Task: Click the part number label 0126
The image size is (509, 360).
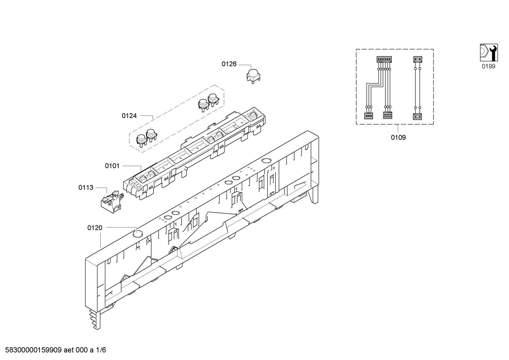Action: (x=229, y=64)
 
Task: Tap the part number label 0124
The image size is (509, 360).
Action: (x=129, y=116)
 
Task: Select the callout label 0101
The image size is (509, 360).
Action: (x=112, y=166)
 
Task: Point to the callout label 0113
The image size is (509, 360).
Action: (x=86, y=188)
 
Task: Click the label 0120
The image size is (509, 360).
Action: (x=95, y=228)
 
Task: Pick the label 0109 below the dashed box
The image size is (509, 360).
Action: (x=398, y=137)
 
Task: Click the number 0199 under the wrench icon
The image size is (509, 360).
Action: (x=489, y=66)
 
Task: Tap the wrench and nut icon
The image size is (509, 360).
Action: (x=489, y=53)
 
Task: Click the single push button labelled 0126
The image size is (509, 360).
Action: (x=253, y=76)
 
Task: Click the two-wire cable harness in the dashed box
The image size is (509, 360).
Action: (x=418, y=88)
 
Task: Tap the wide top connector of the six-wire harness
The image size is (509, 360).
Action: (x=384, y=59)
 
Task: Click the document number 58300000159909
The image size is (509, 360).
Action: (x=34, y=350)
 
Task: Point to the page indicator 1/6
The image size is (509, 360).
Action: (x=101, y=350)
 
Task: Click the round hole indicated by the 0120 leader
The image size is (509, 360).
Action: (x=138, y=233)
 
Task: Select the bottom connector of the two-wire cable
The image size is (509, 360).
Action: (x=418, y=117)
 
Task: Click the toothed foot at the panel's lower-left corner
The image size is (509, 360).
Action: (x=95, y=320)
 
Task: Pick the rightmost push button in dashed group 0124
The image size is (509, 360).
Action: (x=214, y=99)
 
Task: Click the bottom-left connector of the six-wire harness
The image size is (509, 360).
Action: (x=369, y=116)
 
